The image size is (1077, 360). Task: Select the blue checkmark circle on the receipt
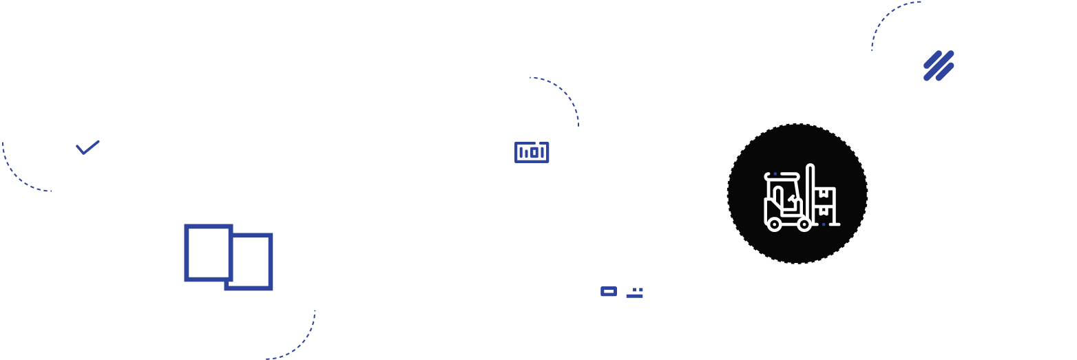[88, 147]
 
